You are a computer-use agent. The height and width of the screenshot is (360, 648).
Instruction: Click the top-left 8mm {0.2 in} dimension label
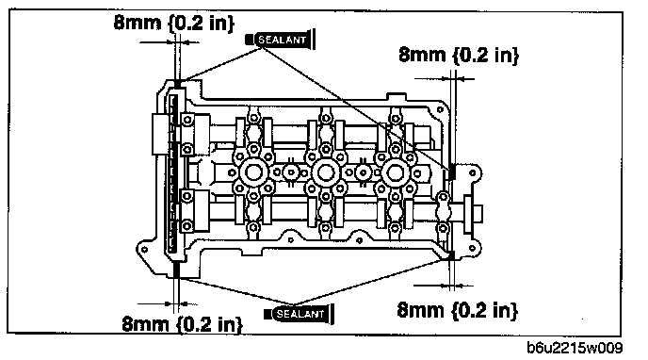click(x=174, y=23)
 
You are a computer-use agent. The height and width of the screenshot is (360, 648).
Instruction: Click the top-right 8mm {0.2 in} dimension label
click(x=459, y=55)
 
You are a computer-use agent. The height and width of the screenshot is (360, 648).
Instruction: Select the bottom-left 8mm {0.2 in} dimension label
click(x=183, y=323)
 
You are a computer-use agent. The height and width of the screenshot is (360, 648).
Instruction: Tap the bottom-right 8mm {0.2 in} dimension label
click(x=457, y=310)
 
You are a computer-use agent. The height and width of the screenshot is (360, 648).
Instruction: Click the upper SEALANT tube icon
click(x=281, y=40)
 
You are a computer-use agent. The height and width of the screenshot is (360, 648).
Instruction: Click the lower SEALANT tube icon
click(x=299, y=314)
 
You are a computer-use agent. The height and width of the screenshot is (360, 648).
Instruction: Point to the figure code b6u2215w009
click(x=575, y=348)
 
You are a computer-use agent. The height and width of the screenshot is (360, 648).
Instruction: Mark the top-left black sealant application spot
click(x=177, y=84)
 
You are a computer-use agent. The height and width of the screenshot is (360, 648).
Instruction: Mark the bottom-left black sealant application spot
click(x=176, y=270)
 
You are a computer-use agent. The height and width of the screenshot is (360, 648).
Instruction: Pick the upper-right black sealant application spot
click(x=452, y=172)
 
